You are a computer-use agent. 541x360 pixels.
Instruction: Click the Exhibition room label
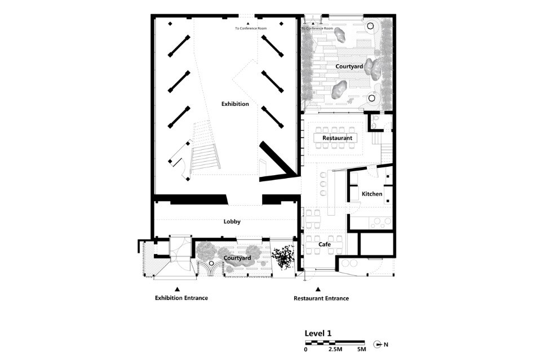(235, 104)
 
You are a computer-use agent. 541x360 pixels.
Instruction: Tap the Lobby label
(232, 221)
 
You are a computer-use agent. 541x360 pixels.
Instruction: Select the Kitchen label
(372, 194)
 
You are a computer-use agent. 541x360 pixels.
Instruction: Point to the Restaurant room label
(337, 138)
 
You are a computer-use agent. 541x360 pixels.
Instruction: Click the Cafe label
(325, 244)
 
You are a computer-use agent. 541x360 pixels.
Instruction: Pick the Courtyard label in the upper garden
(349, 66)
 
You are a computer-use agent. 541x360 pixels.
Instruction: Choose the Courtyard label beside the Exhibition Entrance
(237, 258)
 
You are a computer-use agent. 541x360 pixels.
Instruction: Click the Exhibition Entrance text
(181, 297)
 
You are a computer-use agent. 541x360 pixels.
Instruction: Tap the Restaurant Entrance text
(321, 298)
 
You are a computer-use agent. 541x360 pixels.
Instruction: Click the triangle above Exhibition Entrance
(177, 289)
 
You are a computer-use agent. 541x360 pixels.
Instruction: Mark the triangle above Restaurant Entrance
(318, 290)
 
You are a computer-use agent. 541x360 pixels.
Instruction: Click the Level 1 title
(318, 334)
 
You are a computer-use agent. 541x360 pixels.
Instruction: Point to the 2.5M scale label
(335, 349)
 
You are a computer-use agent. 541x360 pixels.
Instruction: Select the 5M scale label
(361, 349)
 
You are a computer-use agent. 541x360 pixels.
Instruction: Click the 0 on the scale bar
(305, 349)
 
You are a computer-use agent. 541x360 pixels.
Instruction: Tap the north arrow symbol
(378, 344)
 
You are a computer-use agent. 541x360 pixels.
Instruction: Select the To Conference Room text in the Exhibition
(251, 28)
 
